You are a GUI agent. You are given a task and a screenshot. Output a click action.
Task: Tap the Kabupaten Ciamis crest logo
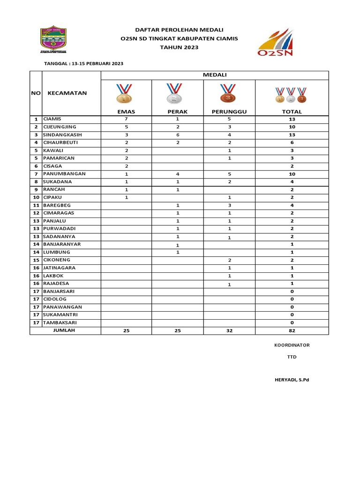(52, 40)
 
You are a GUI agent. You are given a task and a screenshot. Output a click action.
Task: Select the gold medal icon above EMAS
(124, 93)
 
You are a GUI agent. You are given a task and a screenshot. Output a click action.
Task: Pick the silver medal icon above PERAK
(174, 93)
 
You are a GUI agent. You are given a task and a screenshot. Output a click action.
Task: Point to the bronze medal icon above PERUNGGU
(228, 93)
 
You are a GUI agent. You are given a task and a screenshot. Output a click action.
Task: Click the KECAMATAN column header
(67, 93)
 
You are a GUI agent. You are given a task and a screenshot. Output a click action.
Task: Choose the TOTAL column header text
(291, 112)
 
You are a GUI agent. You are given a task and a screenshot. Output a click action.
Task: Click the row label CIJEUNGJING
(60, 127)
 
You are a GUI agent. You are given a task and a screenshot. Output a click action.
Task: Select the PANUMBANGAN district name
(64, 174)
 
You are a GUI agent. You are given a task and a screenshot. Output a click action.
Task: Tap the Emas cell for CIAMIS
(126, 119)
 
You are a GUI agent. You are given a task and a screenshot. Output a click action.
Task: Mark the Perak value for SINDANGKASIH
(178, 135)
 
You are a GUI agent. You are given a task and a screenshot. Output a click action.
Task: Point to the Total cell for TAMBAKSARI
(292, 322)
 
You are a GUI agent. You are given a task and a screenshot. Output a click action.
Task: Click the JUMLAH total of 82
(292, 330)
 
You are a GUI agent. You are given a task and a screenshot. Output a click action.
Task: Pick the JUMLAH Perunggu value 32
(229, 330)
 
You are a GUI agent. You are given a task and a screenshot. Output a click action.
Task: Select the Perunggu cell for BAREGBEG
(229, 205)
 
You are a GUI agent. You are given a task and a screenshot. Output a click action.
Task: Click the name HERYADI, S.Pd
(292, 380)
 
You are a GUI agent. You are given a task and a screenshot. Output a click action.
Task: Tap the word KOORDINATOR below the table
(292, 345)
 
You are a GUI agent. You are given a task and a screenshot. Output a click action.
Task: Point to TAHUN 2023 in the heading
(179, 47)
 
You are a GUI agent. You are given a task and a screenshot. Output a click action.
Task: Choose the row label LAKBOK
(53, 276)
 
